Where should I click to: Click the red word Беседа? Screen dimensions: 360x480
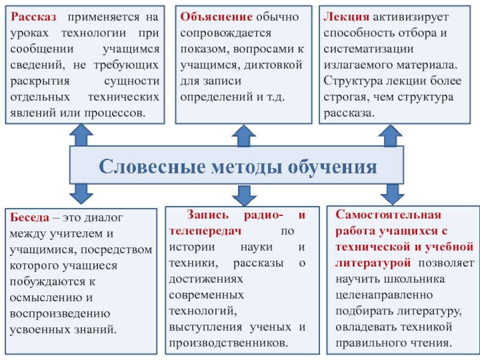[x=26, y=219]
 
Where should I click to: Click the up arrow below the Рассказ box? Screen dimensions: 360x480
[x=82, y=135]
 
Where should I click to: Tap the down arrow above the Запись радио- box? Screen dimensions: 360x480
[x=243, y=193]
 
